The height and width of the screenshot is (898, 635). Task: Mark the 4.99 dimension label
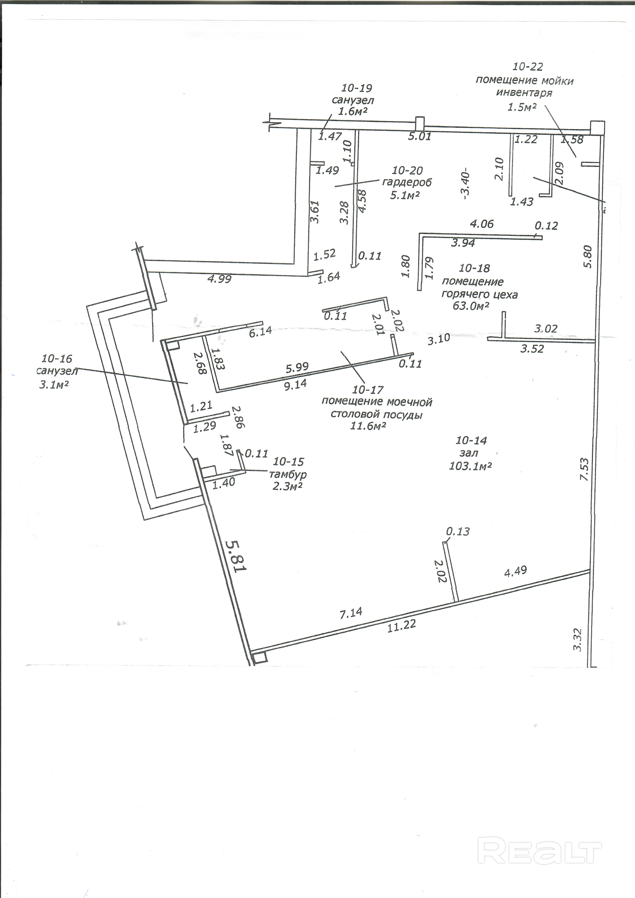tap(219, 279)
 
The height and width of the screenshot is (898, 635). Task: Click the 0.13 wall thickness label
tap(458, 532)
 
